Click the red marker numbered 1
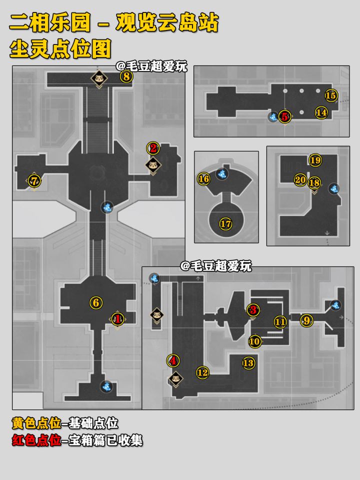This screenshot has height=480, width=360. click(x=117, y=319)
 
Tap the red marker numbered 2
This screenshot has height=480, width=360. click(x=153, y=148)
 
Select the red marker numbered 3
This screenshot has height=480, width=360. click(x=253, y=310)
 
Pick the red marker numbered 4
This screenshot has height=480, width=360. click(x=173, y=360)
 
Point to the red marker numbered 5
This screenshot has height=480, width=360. click(x=284, y=116)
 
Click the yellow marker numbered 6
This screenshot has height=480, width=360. click(x=96, y=303)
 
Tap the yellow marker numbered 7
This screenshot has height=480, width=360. click(x=34, y=180)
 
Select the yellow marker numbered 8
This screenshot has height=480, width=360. click(x=126, y=76)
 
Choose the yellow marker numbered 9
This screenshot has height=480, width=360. click(x=306, y=320)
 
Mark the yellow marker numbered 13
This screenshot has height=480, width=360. click(x=248, y=363)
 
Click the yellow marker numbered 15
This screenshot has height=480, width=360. click(x=330, y=95)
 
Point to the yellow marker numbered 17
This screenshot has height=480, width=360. click(x=225, y=224)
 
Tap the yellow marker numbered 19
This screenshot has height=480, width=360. click(x=315, y=160)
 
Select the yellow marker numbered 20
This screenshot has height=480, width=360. click(x=300, y=179)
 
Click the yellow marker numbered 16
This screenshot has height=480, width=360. click(x=204, y=179)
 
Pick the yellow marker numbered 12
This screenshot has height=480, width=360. click(x=202, y=372)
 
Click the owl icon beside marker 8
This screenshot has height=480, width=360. click(x=99, y=78)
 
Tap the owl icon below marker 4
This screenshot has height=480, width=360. click(x=175, y=379)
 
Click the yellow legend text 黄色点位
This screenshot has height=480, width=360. click(x=36, y=423)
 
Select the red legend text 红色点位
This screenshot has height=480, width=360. click(x=36, y=440)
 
